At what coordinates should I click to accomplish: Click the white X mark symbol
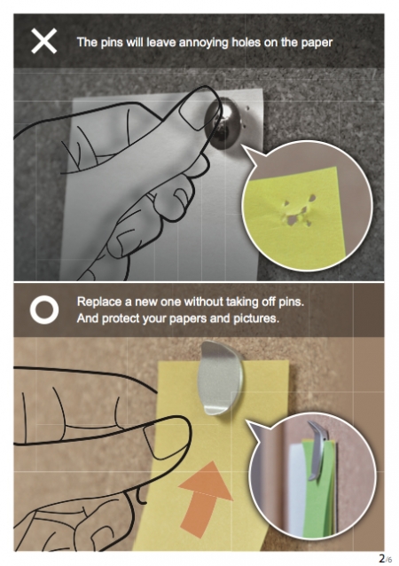click(44, 42)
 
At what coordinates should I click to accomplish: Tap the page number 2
click(381, 558)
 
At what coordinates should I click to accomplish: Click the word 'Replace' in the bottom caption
click(99, 302)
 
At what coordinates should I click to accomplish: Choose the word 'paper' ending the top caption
click(317, 43)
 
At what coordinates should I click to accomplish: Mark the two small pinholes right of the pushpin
click(246, 117)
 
